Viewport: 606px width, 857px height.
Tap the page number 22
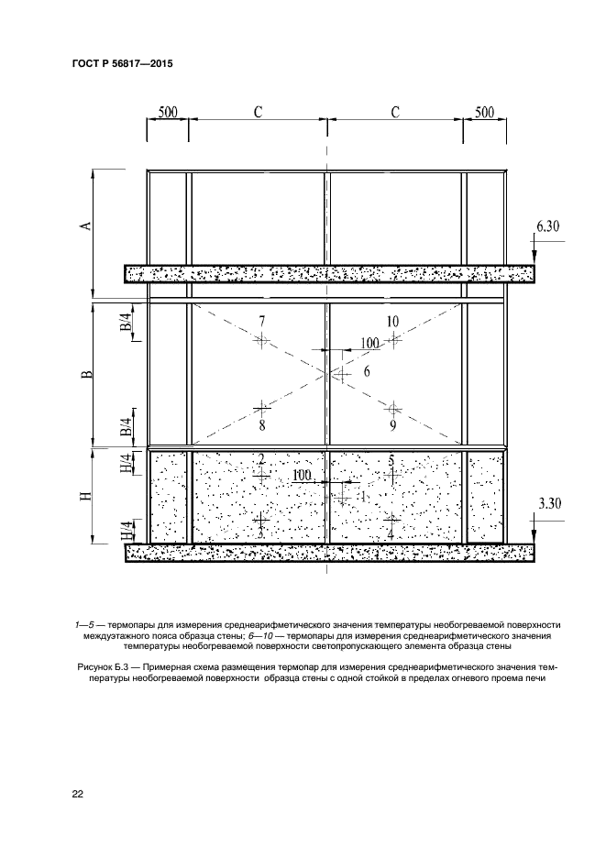point(78,794)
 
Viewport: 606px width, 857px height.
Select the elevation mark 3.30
point(549,503)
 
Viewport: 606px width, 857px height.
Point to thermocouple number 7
point(262,323)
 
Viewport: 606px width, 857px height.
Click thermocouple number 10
point(392,322)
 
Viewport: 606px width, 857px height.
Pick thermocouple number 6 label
point(366,371)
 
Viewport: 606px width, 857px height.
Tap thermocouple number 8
point(262,425)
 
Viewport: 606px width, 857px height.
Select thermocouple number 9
point(392,425)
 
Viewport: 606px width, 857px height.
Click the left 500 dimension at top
point(168,112)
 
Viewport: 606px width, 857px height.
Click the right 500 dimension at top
point(484,112)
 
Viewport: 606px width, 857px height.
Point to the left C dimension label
point(259,112)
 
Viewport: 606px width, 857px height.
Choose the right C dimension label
point(395,112)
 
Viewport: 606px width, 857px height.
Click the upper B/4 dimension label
point(127,322)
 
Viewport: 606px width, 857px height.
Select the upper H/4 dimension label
point(127,465)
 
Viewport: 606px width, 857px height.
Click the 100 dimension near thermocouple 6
point(369,343)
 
